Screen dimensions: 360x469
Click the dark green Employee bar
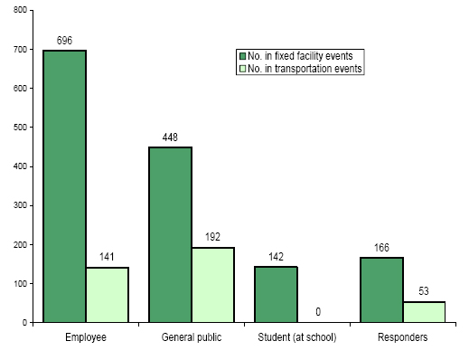click(64, 185)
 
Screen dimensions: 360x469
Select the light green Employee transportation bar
click(107, 294)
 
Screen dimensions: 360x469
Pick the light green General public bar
click(212, 284)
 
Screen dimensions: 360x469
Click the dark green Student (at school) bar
click(276, 294)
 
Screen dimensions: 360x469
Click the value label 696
click(64, 42)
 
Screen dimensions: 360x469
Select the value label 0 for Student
click(318, 312)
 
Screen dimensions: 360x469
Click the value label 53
click(424, 292)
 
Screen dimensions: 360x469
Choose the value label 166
click(381, 248)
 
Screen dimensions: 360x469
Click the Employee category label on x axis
click(85, 338)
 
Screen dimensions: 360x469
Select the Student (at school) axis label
click(296, 338)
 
